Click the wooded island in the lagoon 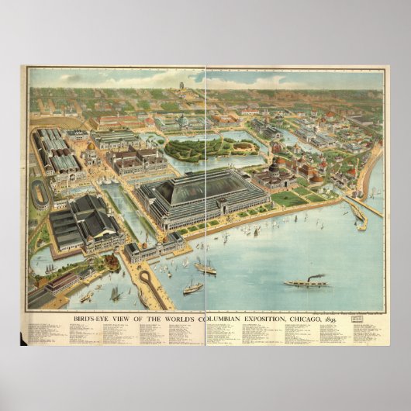[208, 147]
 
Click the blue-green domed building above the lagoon [184, 121]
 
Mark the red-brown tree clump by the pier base [109, 263]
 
